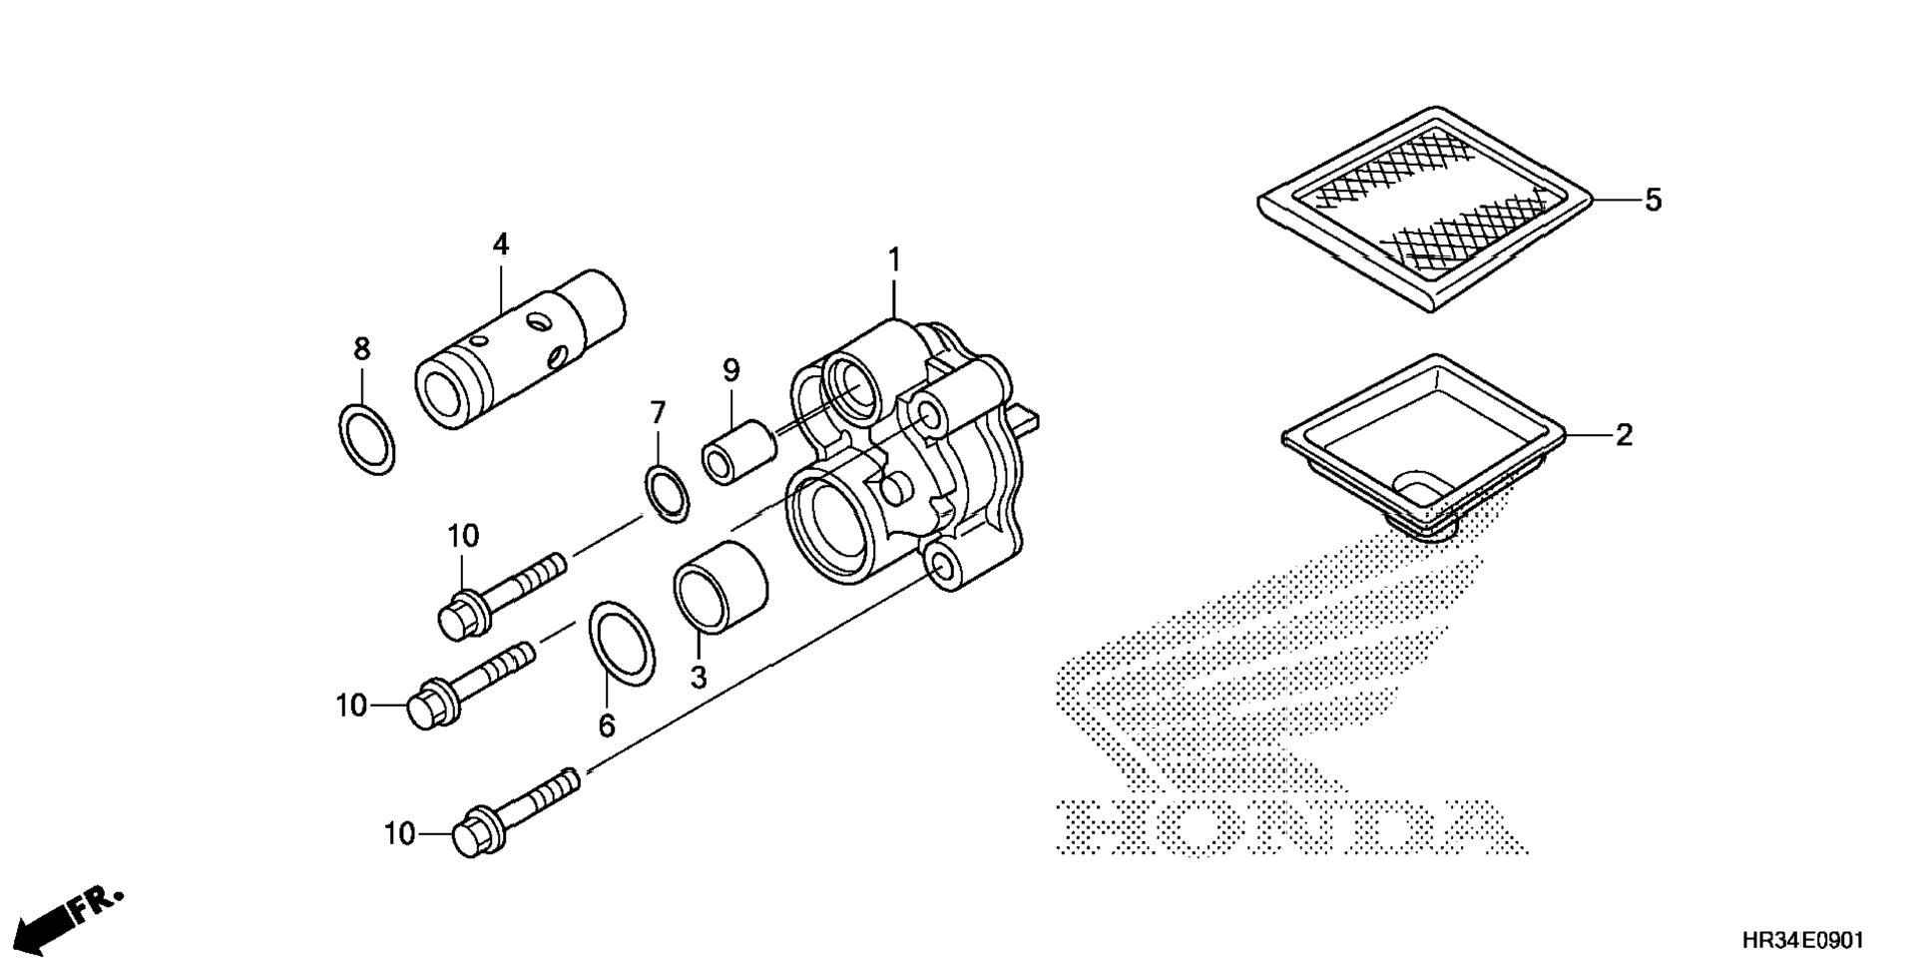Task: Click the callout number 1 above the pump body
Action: pyautogui.click(x=894, y=261)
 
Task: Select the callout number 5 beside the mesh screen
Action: pyautogui.click(x=1653, y=201)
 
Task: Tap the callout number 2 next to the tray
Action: pyautogui.click(x=1624, y=435)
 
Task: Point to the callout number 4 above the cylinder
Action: pyautogui.click(x=500, y=244)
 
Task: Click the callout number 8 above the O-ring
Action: pyautogui.click(x=361, y=349)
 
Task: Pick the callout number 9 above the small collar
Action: pyautogui.click(x=731, y=371)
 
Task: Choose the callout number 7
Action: pyautogui.click(x=658, y=412)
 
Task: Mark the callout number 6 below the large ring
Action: pyautogui.click(x=607, y=726)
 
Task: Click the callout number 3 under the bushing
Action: pyautogui.click(x=699, y=678)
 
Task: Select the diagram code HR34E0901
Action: pyautogui.click(x=1802, y=940)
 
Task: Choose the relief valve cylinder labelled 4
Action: pyautogui.click(x=519, y=349)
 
